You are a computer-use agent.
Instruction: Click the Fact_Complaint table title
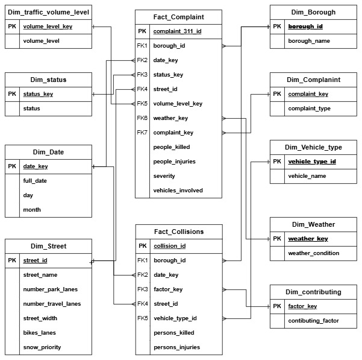[x=178, y=17]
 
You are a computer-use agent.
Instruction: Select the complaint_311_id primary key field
[x=176, y=31]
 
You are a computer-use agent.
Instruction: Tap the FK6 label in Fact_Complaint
[x=142, y=118]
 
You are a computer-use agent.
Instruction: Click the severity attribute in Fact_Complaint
[x=164, y=176]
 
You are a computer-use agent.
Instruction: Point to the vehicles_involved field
[x=178, y=191]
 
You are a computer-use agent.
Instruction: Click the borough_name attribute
[x=310, y=41]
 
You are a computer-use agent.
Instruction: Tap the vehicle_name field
[x=308, y=176]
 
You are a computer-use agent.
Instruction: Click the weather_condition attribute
[x=313, y=253]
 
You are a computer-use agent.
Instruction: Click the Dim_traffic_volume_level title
[x=48, y=12]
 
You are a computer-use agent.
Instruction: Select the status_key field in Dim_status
[x=38, y=94]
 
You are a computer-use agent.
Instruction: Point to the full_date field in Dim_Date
[x=35, y=181]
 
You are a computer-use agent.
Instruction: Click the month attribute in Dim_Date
[x=31, y=210]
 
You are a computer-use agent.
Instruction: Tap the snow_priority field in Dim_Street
[x=42, y=347]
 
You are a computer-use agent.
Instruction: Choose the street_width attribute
[x=40, y=318]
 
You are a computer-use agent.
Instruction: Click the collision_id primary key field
[x=169, y=246]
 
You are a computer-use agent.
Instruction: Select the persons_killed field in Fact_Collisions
[x=174, y=333]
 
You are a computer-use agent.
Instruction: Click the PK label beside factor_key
[x=276, y=306]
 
